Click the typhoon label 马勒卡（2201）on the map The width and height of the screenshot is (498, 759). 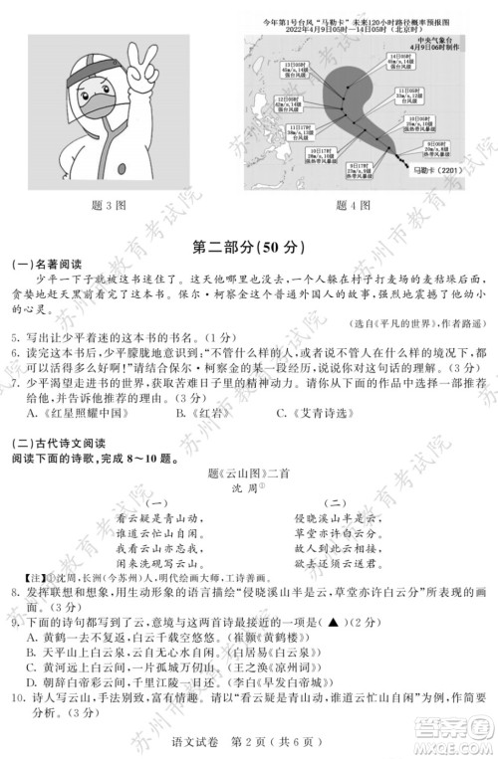[x=429, y=171]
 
